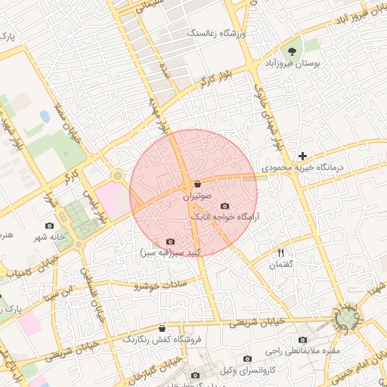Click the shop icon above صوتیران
197,184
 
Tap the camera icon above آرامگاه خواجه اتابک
224,206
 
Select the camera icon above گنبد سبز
169,241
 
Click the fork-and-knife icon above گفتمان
281,253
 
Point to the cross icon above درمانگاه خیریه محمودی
302,156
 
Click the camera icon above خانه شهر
50,226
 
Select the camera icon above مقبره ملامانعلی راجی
303,340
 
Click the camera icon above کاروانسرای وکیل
247,358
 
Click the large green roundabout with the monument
346,319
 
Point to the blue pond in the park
44,119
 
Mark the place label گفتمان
280,265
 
